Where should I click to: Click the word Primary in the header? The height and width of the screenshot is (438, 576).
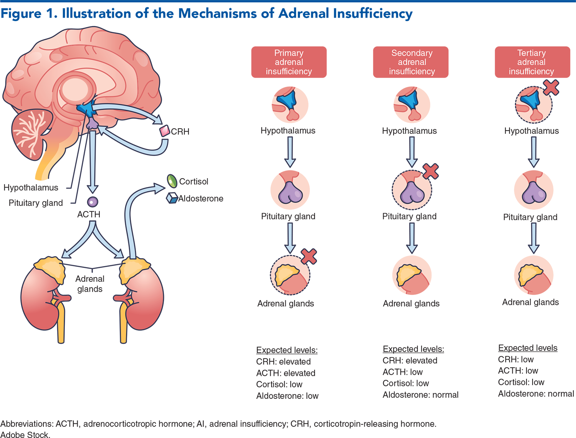point(289,53)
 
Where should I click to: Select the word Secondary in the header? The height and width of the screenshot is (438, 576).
point(412,53)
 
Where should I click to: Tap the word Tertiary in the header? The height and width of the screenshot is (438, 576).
point(531,53)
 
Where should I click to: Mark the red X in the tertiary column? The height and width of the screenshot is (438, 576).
point(551,88)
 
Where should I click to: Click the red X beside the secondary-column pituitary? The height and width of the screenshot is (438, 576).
point(430,171)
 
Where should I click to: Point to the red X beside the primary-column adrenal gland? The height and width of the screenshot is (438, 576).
point(309,256)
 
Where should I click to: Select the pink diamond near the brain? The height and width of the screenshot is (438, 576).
point(165,131)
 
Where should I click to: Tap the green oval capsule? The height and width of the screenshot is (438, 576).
point(172,181)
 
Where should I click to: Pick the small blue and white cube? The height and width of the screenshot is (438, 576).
point(172,198)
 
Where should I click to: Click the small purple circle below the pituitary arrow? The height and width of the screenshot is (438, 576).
point(93,202)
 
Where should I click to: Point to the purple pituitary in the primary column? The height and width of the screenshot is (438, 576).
point(290,192)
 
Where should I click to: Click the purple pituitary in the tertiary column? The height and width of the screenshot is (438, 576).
point(534,192)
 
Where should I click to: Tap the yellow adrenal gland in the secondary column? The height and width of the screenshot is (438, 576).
point(408,274)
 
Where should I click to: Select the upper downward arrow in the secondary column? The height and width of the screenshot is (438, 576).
point(412,151)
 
